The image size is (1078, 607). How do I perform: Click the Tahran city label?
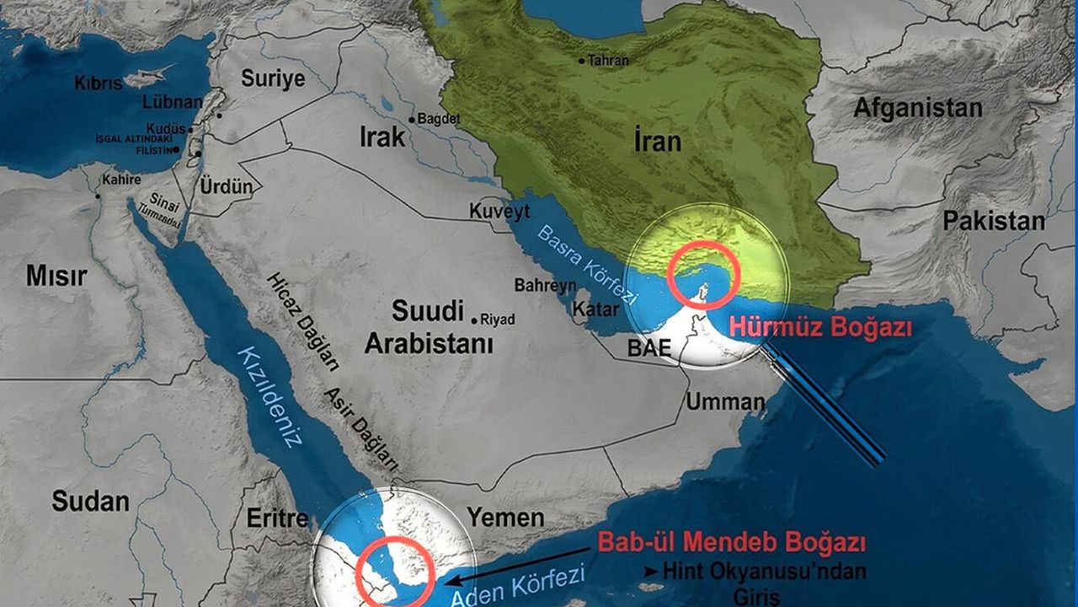(609, 61)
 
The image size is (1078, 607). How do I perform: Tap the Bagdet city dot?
(412, 121)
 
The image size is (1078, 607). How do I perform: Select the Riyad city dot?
(475, 320)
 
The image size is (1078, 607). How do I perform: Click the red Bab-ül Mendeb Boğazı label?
(731, 542)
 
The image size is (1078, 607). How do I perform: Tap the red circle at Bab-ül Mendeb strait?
(395, 572)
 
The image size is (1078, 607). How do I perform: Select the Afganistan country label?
(917, 109)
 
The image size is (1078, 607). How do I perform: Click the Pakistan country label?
(994, 222)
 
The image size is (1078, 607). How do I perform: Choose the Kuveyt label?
(499, 211)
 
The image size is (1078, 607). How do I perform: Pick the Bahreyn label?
(546, 286)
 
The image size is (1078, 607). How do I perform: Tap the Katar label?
(595, 309)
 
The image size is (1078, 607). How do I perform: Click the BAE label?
(648, 348)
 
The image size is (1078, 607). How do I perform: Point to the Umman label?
(724, 401)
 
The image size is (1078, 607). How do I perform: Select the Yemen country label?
(505, 517)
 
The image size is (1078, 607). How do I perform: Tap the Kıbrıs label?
(99, 83)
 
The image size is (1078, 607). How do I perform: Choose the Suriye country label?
(272, 78)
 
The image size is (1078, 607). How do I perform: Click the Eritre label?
(277, 518)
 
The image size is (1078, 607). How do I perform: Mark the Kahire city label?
(121, 180)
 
